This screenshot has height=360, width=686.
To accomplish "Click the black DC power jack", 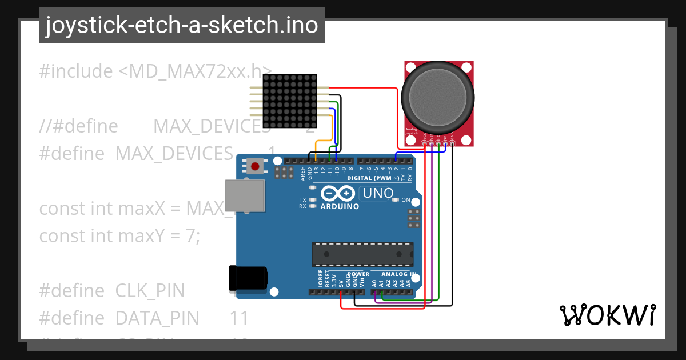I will (x=248, y=278).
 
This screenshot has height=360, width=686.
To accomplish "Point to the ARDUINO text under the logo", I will (x=340, y=206).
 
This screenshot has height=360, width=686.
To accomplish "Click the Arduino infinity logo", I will (x=340, y=194).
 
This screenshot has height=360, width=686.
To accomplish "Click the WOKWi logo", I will (x=607, y=315).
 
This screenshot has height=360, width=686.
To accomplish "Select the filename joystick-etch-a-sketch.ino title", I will (x=182, y=25).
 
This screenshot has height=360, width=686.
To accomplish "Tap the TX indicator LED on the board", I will (x=312, y=199).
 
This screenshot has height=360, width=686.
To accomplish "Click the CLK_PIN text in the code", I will (x=150, y=290).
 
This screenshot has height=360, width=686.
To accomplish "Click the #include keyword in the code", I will (x=76, y=71).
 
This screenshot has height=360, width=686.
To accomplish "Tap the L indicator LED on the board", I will (x=312, y=187).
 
